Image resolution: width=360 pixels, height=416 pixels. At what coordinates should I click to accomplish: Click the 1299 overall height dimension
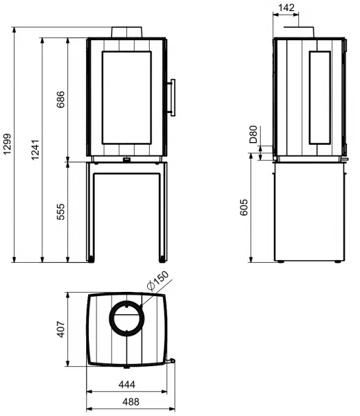coord(7,144)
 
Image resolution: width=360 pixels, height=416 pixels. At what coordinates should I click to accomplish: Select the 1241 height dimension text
coord(35,150)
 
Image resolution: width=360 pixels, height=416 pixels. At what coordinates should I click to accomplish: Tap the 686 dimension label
coord(60,99)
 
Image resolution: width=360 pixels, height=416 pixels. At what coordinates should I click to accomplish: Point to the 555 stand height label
coord(60,211)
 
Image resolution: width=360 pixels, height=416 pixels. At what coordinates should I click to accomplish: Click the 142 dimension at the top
coord(286,8)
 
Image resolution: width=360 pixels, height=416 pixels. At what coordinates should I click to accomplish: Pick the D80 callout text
coord(254,135)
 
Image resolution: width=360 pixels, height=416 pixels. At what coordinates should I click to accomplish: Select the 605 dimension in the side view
coord(243,207)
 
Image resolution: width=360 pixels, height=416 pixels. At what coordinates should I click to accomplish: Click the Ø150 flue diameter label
coord(157,281)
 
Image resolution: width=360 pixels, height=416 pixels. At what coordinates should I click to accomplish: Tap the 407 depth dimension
coord(61,329)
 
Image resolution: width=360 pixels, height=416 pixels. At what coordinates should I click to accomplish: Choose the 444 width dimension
coord(127,384)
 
